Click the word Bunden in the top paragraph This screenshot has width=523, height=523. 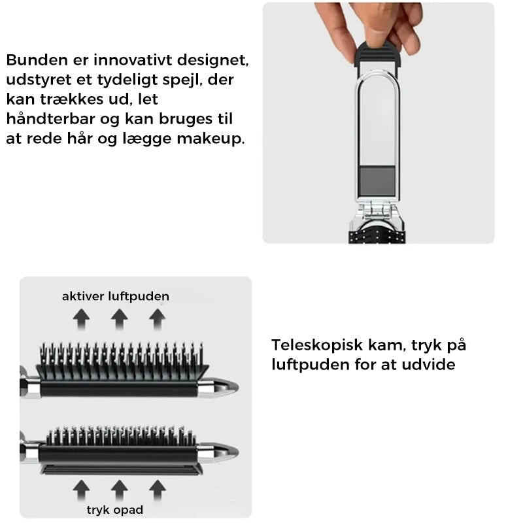(x=37, y=60)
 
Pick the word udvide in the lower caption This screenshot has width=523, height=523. (x=429, y=364)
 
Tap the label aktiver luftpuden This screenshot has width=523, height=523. (x=116, y=296)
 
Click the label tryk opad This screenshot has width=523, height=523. (x=115, y=510)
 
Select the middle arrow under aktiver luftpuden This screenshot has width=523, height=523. (x=120, y=319)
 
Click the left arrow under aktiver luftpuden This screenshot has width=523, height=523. (x=81, y=319)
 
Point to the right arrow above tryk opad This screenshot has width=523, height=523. (x=158, y=490)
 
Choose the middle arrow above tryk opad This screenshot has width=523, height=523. (x=120, y=490)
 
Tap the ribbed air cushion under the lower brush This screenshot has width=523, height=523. (x=122, y=470)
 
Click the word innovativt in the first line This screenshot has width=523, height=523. (x=133, y=60)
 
